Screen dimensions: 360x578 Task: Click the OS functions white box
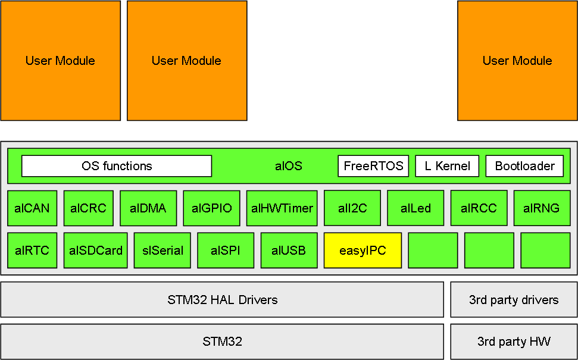117,166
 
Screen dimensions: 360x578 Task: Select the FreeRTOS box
373,166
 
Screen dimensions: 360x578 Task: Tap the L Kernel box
447,166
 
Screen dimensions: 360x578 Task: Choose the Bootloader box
524,166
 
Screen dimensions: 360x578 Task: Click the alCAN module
32,208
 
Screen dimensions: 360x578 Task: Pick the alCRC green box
88,208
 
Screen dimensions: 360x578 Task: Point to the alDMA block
148,208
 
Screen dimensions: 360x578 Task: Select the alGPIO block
211,208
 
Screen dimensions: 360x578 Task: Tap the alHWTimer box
282,208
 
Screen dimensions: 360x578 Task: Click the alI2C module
352,208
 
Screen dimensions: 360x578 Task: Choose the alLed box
415,208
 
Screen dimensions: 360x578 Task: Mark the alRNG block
542,208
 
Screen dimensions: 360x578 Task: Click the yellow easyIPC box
363,251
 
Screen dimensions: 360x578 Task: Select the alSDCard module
95,251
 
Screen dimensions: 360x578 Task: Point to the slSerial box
163,251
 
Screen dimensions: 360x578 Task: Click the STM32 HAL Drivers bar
222,299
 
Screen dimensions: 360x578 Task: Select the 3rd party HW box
514,342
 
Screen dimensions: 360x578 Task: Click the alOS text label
289,166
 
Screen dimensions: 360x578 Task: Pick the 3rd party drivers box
514,299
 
